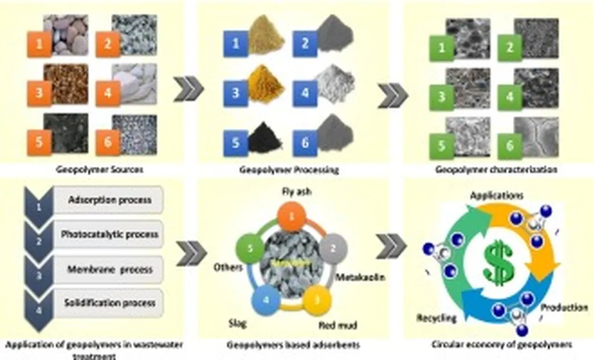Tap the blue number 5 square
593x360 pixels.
[x=236, y=142]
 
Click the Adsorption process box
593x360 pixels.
[x=109, y=200]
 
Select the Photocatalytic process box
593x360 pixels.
[x=109, y=235]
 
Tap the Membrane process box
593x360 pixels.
[x=109, y=269]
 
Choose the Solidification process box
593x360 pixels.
[x=109, y=303]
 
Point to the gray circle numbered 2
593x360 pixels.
[x=333, y=248]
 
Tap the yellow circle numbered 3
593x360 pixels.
[x=317, y=297]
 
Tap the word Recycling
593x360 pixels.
[x=437, y=318]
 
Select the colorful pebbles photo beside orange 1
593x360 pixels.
[x=65, y=35]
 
